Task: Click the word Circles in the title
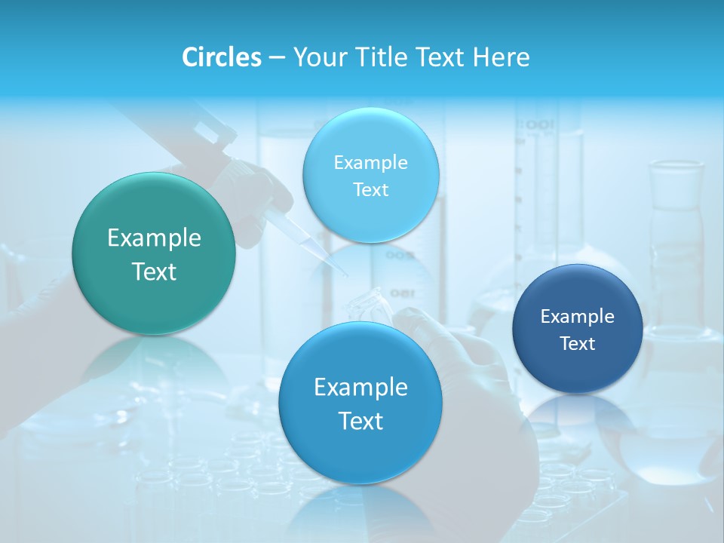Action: (x=221, y=57)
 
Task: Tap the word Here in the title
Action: (x=501, y=57)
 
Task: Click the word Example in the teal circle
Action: (x=154, y=238)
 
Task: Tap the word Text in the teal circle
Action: (x=154, y=271)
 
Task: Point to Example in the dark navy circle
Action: (x=577, y=317)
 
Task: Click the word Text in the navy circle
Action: (x=578, y=344)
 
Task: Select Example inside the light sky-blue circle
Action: (x=371, y=163)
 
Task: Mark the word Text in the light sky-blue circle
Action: (x=371, y=190)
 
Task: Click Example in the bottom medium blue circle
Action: (x=360, y=388)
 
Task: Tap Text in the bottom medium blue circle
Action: (x=360, y=421)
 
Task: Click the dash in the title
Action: (x=277, y=58)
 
